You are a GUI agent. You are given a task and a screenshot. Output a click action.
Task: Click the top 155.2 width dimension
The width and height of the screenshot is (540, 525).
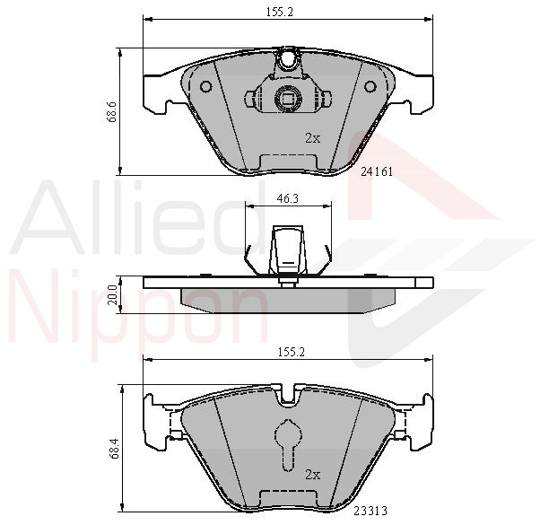point(279,12)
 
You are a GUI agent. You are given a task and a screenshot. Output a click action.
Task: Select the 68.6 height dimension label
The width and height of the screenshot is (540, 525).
point(111,112)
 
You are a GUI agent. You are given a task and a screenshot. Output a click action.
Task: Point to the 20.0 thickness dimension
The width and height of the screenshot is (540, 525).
point(112,294)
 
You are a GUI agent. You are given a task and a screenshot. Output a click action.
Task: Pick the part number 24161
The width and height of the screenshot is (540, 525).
point(377,171)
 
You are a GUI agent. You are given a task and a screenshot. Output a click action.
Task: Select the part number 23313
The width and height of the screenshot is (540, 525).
point(370,510)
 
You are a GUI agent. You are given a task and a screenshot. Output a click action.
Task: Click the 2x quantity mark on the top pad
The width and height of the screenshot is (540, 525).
point(313,138)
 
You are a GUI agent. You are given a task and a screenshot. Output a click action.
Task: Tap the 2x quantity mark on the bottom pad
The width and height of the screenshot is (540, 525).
point(313,475)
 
